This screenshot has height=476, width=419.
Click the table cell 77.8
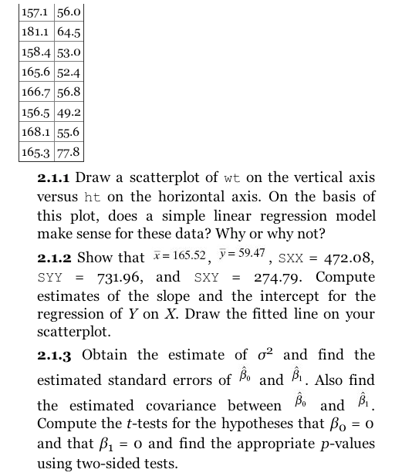66,152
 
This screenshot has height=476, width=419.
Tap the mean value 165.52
187,256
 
